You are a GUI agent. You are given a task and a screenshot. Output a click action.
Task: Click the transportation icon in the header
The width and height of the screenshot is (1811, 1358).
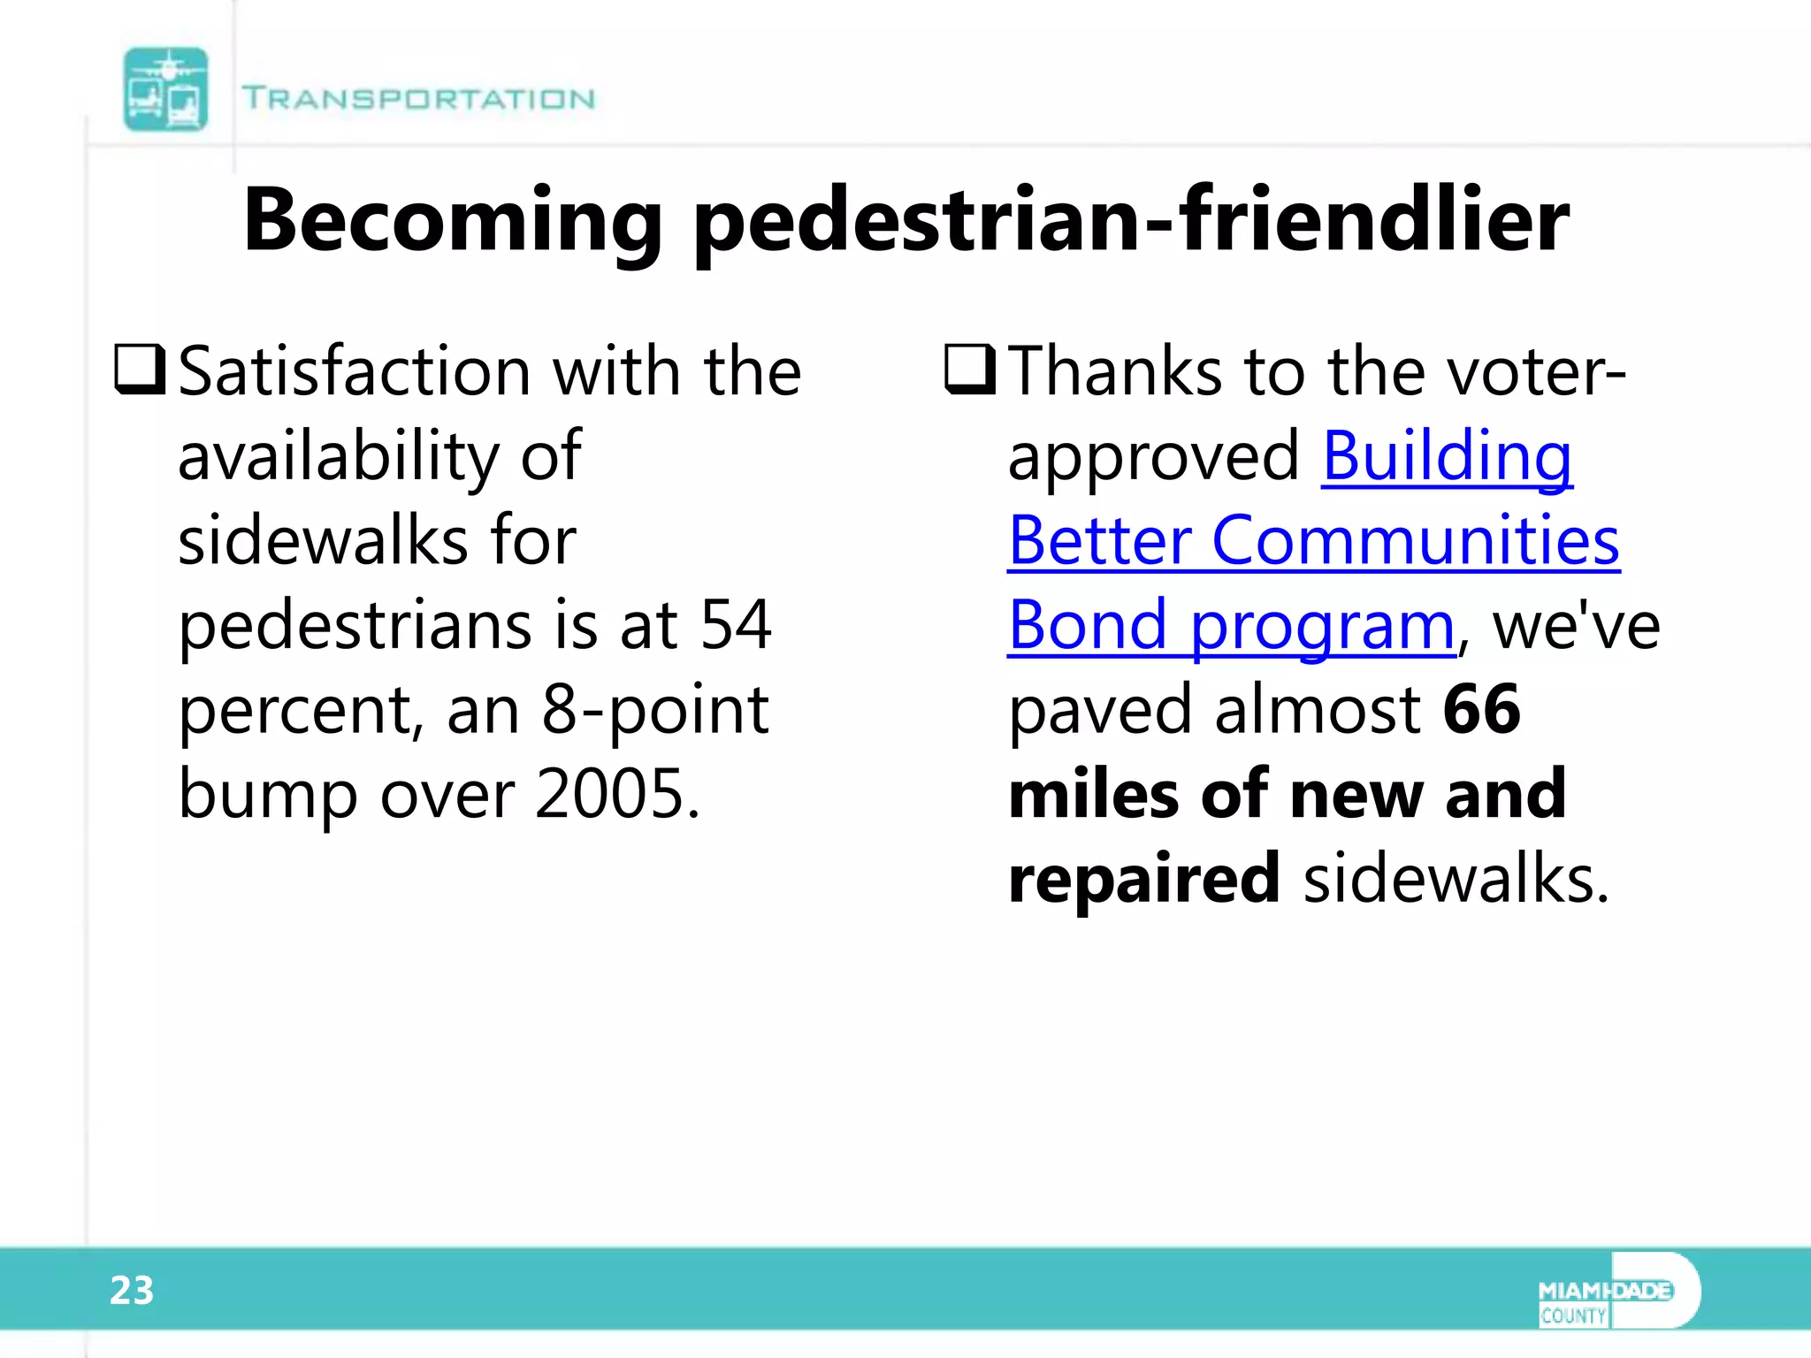pos(165,89)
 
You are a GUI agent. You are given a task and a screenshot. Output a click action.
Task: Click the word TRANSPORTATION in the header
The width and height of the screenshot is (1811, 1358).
pos(418,98)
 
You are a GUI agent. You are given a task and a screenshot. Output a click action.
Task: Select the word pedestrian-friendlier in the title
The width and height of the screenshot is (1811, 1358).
pos(1132,221)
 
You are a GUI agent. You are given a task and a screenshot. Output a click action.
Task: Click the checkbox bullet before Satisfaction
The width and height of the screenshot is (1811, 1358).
pos(140,370)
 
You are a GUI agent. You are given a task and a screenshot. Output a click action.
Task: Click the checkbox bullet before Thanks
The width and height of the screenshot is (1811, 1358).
pos(970,370)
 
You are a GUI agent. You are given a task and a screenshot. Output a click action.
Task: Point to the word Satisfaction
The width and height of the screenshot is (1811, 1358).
pos(354,371)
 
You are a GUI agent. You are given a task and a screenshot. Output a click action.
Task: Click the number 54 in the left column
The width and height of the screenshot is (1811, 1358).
pos(736,624)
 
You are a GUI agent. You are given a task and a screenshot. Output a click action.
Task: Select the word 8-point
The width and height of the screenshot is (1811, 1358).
pos(654,709)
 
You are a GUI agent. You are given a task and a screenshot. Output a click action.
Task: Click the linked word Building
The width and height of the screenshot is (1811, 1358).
pos(1447,456)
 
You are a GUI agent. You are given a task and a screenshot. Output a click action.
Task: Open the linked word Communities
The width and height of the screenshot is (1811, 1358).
pos(1415,540)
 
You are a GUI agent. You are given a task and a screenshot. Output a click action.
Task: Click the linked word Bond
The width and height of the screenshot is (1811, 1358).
pos(1087,625)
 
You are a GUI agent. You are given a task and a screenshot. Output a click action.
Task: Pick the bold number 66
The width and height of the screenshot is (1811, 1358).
pos(1481,709)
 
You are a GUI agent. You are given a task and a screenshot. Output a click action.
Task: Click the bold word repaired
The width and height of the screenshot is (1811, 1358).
pos(1143,878)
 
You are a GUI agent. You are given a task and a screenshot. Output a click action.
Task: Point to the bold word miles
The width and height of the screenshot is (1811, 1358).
pos(1092,793)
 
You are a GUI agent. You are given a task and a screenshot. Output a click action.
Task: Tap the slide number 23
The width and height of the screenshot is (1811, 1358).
pos(132,1291)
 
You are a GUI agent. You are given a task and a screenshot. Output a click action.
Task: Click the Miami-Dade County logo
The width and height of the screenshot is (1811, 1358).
pos(1617,1291)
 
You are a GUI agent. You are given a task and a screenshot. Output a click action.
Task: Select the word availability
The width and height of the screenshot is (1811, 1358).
pos(340,456)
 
